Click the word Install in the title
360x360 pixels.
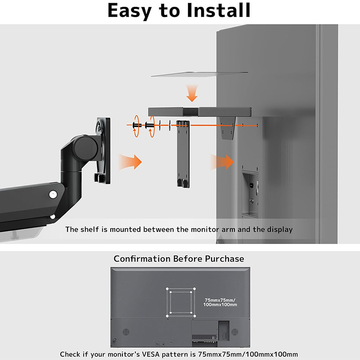coord(218,10)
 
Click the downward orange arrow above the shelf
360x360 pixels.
coord(192,93)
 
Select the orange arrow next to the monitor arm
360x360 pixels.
coord(130,162)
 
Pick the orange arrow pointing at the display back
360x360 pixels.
coord(222,162)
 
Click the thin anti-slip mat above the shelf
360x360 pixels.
coord(199,74)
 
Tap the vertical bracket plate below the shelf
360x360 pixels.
coord(183,154)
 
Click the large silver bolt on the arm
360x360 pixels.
coord(53,195)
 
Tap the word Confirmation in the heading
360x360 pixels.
coord(142,259)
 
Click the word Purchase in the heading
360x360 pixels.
coord(224,259)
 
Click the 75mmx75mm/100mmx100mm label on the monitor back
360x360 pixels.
coord(220,302)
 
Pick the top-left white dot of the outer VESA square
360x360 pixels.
coord(167,289)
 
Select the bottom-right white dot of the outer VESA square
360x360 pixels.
coord(195,316)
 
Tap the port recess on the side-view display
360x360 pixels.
coord(250,194)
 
